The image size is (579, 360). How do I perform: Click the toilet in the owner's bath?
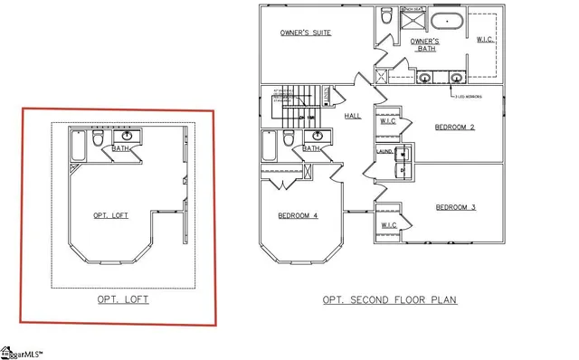(386, 16)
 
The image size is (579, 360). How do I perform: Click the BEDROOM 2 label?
(455, 128)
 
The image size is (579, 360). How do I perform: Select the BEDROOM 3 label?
(455, 207)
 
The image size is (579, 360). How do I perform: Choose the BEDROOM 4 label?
(297, 215)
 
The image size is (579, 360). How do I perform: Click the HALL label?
(353, 116)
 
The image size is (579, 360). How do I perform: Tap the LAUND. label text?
(384, 152)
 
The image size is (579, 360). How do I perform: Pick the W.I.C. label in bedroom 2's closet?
(387, 120)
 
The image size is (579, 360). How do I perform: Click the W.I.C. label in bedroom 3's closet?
(388, 224)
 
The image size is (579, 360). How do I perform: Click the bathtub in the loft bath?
(77, 146)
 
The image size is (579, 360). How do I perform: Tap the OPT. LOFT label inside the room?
(111, 215)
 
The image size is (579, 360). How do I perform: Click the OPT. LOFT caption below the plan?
(123, 298)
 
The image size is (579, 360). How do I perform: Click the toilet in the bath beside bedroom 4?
(289, 137)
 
